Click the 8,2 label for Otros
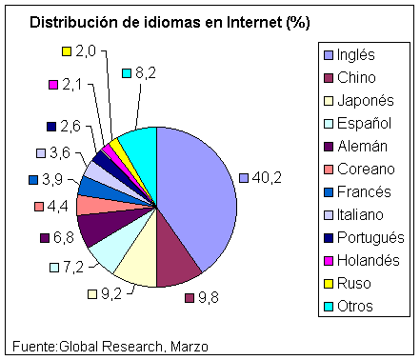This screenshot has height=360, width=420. click(146, 72)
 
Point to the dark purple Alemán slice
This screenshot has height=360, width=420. click(97, 228)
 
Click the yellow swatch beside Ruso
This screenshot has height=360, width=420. click(328, 283)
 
